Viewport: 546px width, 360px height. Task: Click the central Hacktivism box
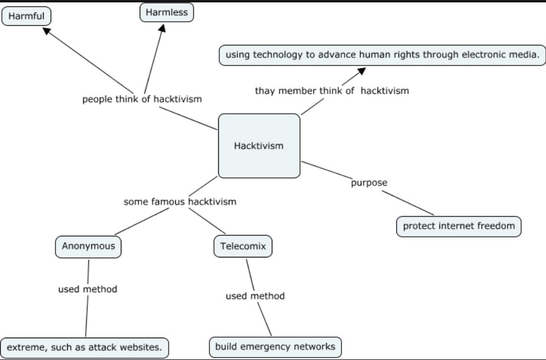(x=259, y=146)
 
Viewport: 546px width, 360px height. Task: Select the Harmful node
(x=27, y=16)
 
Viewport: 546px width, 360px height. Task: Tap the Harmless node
(x=167, y=12)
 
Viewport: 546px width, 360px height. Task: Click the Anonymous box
(x=88, y=247)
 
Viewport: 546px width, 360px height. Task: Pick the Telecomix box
(x=243, y=246)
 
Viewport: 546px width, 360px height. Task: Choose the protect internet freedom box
(x=459, y=226)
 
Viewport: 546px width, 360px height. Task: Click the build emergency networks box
(x=275, y=347)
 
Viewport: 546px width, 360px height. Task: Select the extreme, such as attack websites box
(x=85, y=348)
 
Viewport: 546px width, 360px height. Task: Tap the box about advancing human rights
(x=382, y=55)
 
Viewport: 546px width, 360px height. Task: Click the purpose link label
(x=369, y=183)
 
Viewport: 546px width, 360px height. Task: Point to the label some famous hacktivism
(x=180, y=202)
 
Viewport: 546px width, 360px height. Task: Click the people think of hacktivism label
(x=142, y=99)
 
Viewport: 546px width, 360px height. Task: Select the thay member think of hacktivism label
(x=332, y=91)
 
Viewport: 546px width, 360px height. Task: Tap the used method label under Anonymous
(x=88, y=289)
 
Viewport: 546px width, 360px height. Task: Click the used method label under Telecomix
(x=255, y=296)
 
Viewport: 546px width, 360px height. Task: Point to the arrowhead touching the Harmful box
(x=47, y=31)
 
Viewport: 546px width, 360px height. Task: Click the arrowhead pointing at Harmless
(x=162, y=28)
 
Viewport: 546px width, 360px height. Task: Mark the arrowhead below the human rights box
(x=362, y=71)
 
